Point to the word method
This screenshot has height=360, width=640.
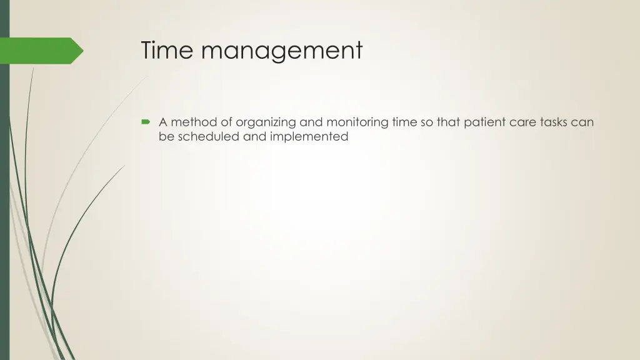click(194, 122)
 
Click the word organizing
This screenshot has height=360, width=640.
click(266, 123)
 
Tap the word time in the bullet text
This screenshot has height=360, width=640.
click(406, 122)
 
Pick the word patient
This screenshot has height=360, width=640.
click(485, 123)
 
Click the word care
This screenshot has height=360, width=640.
click(522, 122)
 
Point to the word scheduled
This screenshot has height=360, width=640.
click(209, 136)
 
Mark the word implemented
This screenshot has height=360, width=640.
click(309, 137)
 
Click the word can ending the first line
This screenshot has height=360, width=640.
click(582, 122)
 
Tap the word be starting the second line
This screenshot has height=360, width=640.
click(166, 136)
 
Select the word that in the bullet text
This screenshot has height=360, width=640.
click(448, 122)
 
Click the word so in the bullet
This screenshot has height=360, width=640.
click(427, 122)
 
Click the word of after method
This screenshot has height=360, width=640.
click(226, 122)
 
